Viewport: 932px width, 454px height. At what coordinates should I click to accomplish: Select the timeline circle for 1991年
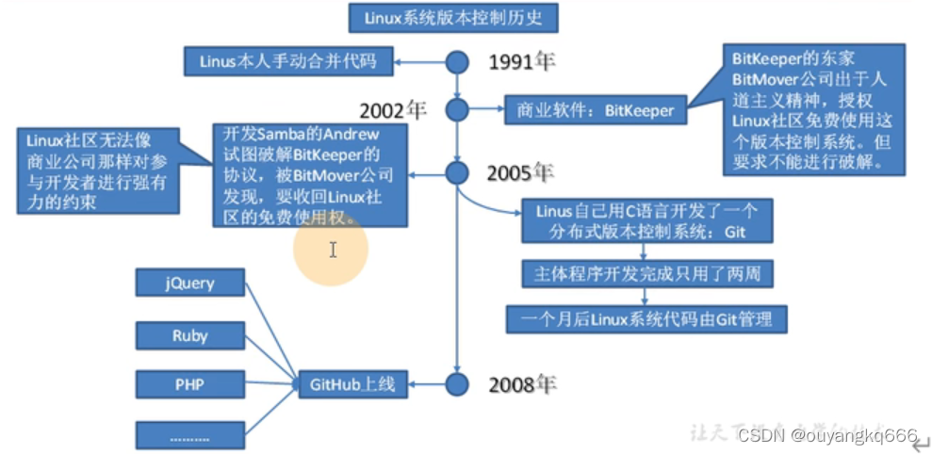point(457,62)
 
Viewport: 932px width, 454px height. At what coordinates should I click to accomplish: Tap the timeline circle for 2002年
point(457,110)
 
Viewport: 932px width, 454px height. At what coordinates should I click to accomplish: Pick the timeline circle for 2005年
point(457,173)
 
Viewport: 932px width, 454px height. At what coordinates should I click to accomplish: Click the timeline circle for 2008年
point(457,383)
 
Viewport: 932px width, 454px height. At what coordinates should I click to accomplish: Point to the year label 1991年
point(523,62)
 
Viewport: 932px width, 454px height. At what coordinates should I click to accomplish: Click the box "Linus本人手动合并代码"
point(287,62)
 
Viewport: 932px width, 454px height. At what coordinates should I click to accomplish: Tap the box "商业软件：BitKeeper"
point(595,110)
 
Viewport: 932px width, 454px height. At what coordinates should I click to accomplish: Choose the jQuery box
point(190,283)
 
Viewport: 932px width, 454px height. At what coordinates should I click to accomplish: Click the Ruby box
point(190,334)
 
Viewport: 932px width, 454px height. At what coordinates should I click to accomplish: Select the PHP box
point(190,384)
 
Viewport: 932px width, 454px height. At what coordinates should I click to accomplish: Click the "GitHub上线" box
point(352,384)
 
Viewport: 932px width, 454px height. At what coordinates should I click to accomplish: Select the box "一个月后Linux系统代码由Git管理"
point(646,318)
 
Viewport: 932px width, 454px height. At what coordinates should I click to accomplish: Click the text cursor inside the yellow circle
point(333,250)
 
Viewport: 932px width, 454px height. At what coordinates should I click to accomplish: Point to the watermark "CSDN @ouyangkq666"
point(826,435)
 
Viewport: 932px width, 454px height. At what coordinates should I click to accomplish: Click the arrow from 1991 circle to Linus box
point(419,62)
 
